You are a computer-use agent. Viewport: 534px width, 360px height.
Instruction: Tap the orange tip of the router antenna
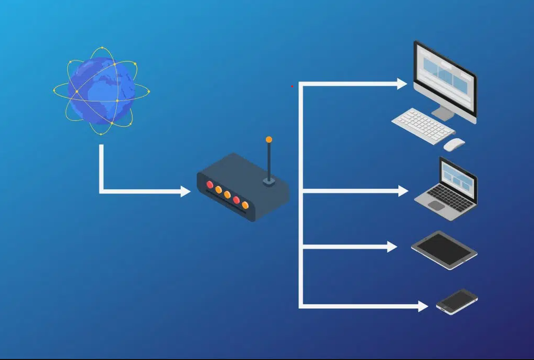coord(269,140)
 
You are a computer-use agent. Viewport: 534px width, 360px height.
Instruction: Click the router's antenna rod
coord(269,160)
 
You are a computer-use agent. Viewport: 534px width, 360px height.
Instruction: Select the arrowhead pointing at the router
coord(186,191)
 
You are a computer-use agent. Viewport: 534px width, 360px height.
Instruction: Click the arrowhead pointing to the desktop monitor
coord(402,84)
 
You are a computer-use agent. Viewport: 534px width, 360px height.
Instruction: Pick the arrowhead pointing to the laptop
coord(403,191)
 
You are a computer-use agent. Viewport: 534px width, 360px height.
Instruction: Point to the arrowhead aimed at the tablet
coord(392,246)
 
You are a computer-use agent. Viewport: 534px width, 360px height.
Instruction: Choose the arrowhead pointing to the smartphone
coord(423,306)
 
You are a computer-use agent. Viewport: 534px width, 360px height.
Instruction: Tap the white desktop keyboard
coord(423,125)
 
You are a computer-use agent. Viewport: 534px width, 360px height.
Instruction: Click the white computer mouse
coord(454,143)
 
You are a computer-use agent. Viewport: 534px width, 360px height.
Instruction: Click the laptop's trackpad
coord(436,205)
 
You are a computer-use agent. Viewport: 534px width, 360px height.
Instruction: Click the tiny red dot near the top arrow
coord(292,86)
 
